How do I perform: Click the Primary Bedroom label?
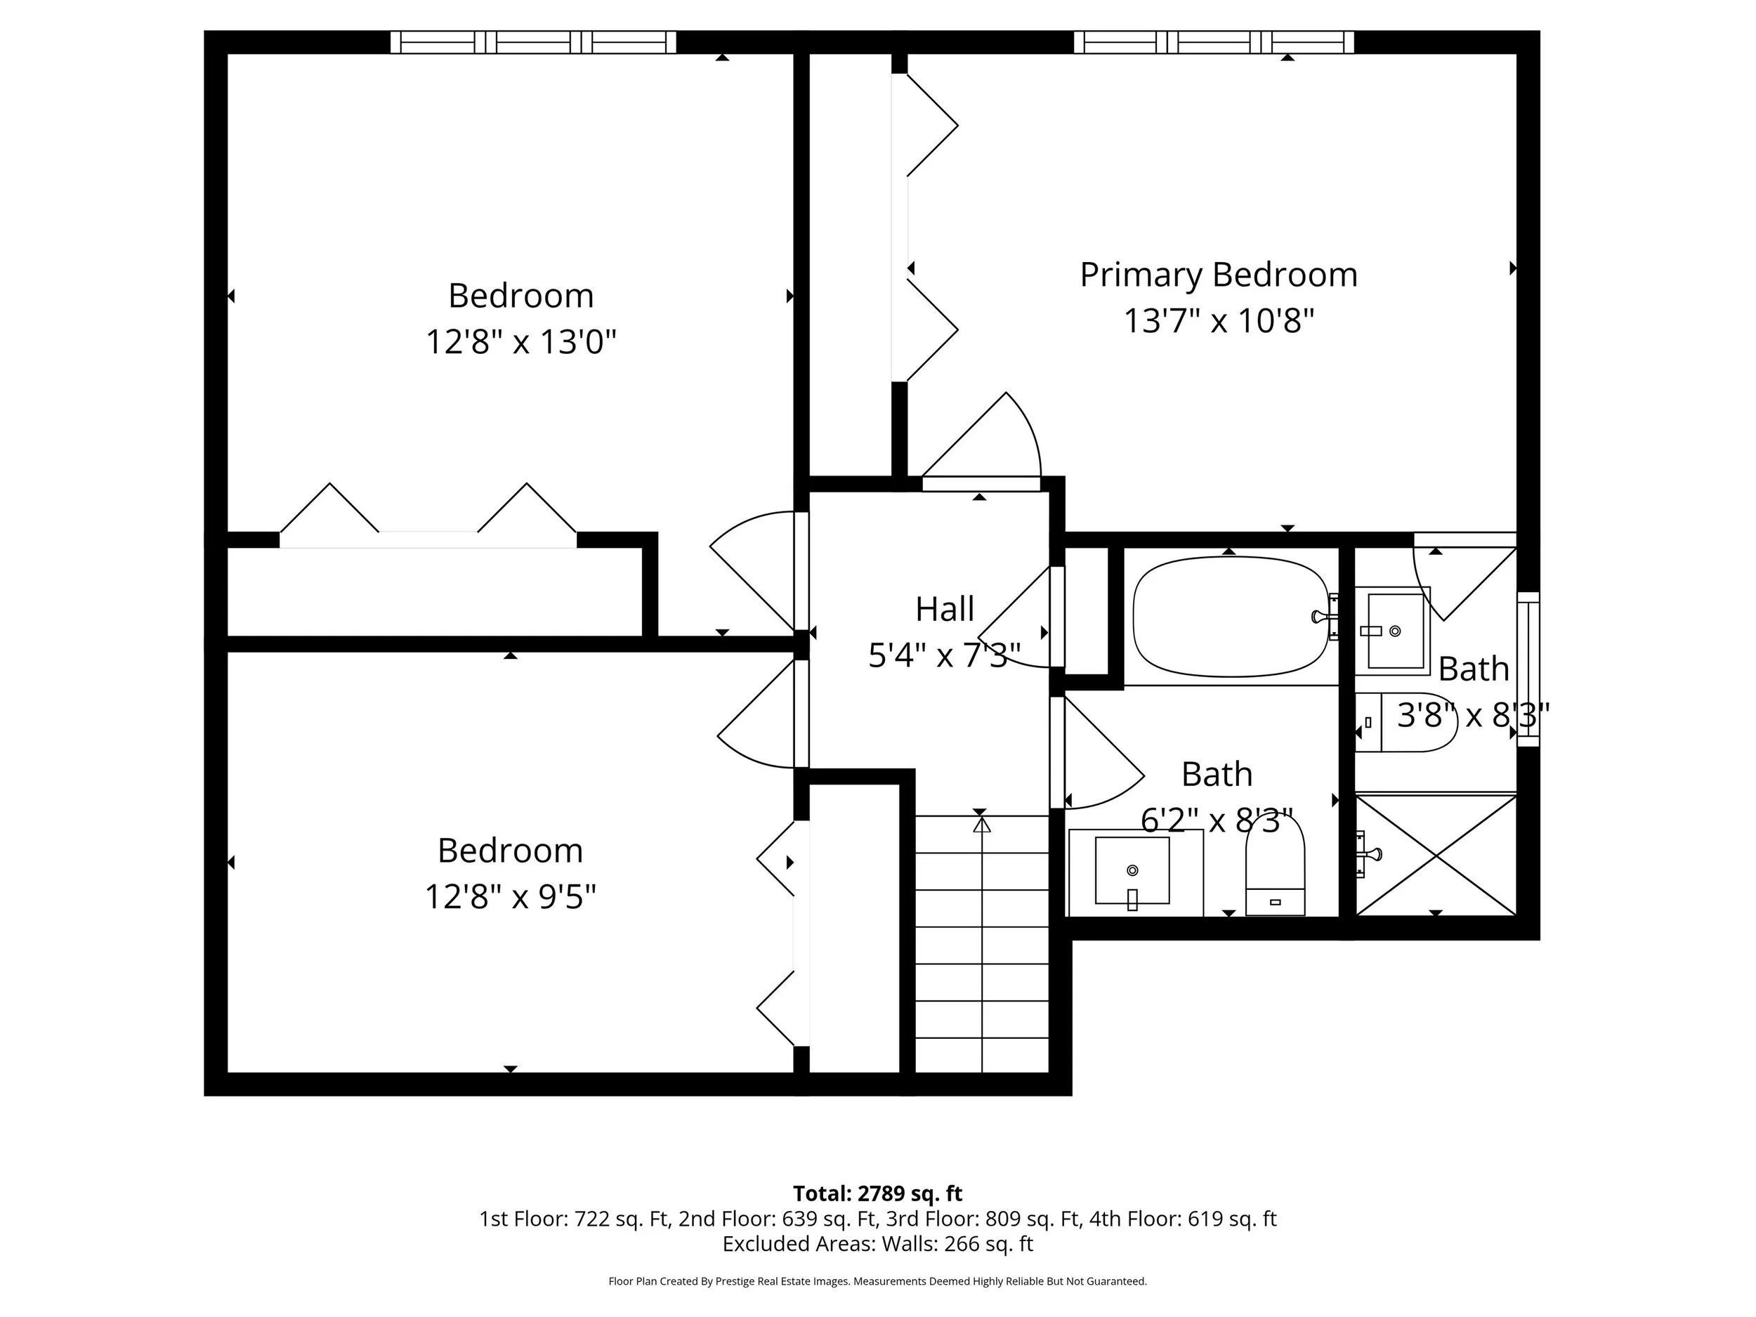(1218, 275)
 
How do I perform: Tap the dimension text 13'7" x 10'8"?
(1218, 322)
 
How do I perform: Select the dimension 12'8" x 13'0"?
(520, 342)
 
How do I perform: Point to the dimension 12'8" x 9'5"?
(510, 897)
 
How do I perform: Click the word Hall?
(944, 609)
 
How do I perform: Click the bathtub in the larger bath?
(1230, 617)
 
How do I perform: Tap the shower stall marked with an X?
(1434, 855)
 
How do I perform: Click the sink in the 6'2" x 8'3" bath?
(1132, 871)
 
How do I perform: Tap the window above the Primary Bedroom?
(1213, 42)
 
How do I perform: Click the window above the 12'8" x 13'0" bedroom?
(532, 42)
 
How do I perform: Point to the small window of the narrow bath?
(1528, 669)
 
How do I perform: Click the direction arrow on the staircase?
(982, 825)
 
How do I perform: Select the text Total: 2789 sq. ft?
(877, 1193)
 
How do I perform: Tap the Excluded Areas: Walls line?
(877, 1243)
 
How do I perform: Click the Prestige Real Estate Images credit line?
(877, 1280)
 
